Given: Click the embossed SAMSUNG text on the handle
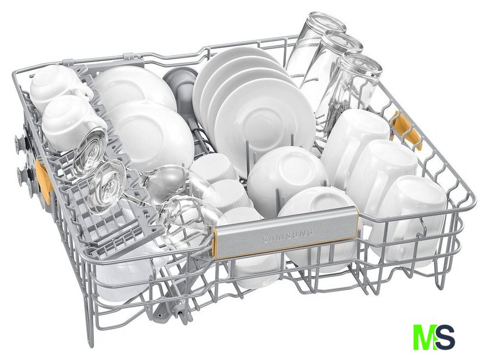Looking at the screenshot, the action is click(x=288, y=236).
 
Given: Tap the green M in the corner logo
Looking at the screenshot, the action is click(x=424, y=337).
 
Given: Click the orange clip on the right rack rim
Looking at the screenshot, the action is click(x=407, y=130).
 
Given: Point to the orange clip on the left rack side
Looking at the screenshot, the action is click(x=43, y=181).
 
